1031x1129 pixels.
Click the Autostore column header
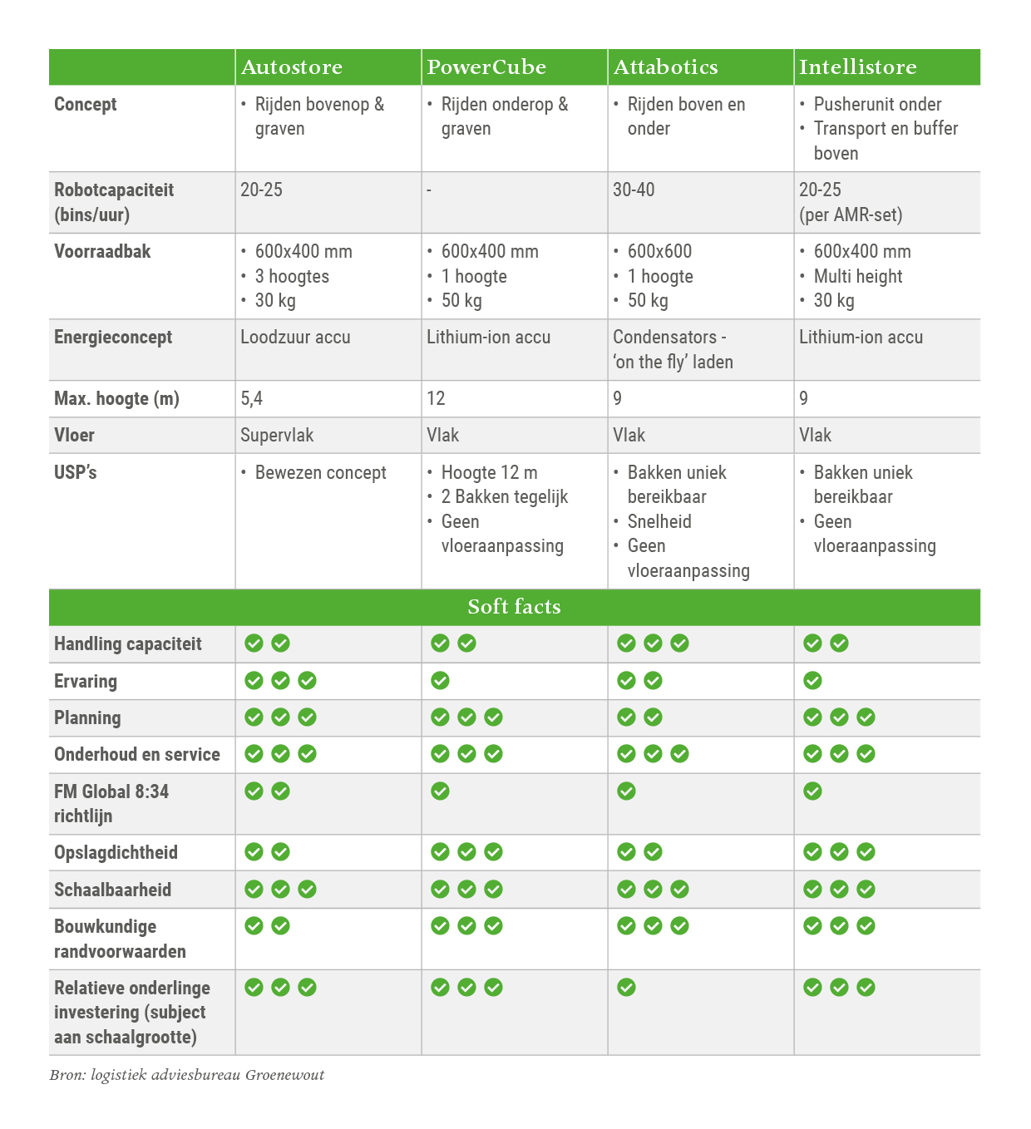pos(292,67)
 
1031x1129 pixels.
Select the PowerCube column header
pos(486,67)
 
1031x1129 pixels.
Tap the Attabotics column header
pos(665,67)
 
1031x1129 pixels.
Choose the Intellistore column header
pos(857,67)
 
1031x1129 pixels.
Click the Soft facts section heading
pos(514,607)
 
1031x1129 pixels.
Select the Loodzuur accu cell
pos(295,338)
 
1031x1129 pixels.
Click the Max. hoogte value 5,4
pos(251,399)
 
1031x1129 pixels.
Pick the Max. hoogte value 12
pos(436,399)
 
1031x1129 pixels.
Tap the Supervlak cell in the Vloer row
pos(277,436)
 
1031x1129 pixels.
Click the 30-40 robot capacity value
pos(634,190)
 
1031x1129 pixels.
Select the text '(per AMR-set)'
pos(851,215)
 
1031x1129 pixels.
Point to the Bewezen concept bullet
pos(320,473)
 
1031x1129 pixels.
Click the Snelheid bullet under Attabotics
pos(659,522)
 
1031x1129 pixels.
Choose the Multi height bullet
pos(857,277)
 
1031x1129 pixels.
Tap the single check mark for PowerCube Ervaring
pos(441,681)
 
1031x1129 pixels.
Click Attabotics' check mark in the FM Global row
pos(627,791)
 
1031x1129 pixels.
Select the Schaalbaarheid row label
pos(112,890)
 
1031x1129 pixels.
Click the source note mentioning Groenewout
pos(187,1075)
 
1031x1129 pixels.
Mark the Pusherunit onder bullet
pos(877,105)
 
